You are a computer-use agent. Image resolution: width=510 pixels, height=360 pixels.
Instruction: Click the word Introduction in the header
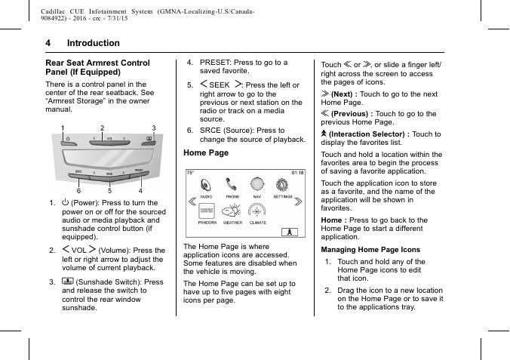click(93, 43)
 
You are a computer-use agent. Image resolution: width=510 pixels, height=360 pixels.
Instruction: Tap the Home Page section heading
click(206, 152)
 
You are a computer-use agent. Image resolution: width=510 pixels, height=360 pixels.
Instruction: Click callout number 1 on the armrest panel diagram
click(63, 128)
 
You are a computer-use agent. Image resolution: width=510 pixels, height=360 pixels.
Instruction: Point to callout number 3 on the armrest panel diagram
click(154, 128)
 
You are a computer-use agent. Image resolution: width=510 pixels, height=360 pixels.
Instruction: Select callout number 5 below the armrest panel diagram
click(109, 191)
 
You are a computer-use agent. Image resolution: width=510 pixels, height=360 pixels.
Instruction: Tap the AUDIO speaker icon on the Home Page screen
click(206, 183)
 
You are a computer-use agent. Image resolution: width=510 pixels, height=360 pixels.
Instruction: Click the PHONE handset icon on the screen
click(232, 183)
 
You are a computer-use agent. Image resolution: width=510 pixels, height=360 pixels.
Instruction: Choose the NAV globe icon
click(257, 183)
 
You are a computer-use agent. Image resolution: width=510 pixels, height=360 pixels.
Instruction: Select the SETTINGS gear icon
click(283, 183)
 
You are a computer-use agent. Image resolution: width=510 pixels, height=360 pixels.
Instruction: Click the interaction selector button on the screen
click(287, 232)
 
